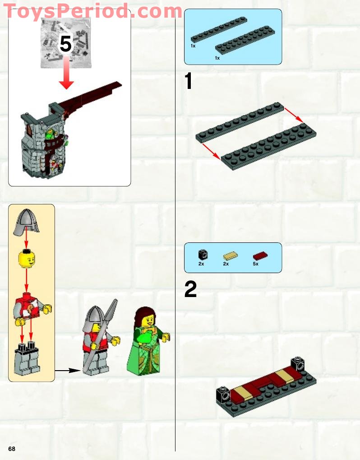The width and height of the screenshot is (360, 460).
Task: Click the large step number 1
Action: (x=189, y=82)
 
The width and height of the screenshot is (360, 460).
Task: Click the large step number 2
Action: (x=190, y=290)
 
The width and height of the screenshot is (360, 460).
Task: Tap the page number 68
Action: (x=11, y=448)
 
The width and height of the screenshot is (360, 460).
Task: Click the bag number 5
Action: (x=66, y=44)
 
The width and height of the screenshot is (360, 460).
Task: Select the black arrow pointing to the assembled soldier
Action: (x=68, y=371)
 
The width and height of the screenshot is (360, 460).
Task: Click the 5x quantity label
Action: (x=255, y=264)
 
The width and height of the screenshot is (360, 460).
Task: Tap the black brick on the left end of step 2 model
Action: (x=222, y=395)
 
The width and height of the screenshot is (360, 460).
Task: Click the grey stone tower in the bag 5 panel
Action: (x=43, y=144)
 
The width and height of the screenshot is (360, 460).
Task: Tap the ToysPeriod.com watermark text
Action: (x=92, y=11)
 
